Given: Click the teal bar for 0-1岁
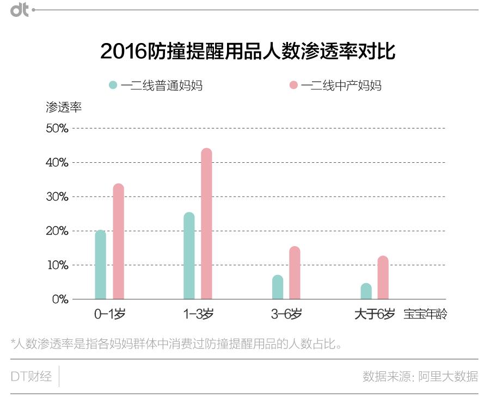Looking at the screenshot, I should pyautogui.click(x=100, y=265).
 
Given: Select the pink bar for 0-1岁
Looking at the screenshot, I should pyautogui.click(x=118, y=242).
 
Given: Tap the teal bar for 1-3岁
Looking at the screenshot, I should pyautogui.click(x=189, y=256).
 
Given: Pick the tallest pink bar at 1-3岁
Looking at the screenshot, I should pyautogui.click(x=206, y=224).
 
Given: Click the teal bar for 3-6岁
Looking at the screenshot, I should pyautogui.click(x=278, y=287).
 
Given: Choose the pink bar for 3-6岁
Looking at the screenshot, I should pyautogui.click(x=295, y=273).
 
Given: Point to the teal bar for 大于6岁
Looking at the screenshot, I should pyautogui.click(x=366, y=291).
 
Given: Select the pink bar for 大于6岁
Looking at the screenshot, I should pyautogui.click(x=383, y=278).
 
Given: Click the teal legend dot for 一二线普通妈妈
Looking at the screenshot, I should pyautogui.click(x=113, y=85).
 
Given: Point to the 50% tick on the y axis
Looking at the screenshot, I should pyautogui.click(x=57, y=128).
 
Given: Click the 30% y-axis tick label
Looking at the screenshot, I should pyautogui.click(x=57, y=197).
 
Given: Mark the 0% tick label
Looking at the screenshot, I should pyautogui.click(x=59, y=299).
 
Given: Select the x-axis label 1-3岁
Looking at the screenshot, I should pyautogui.click(x=198, y=314).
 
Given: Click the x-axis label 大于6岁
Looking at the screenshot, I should pyautogui.click(x=375, y=314).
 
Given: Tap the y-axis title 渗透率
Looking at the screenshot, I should pyautogui.click(x=64, y=107).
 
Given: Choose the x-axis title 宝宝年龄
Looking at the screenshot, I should pyautogui.click(x=425, y=314).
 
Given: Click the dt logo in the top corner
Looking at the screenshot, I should pyautogui.click(x=20, y=10).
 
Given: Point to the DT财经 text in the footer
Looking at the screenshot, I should pyautogui.click(x=31, y=376).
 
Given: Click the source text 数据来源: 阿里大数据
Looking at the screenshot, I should pyautogui.click(x=420, y=376).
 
